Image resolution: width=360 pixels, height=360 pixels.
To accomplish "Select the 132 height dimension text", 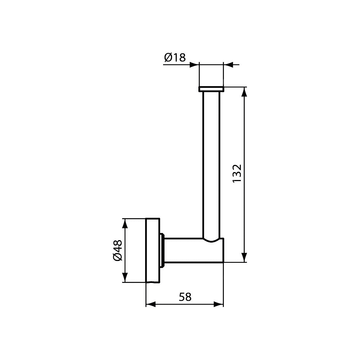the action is pyautogui.click(x=237, y=174).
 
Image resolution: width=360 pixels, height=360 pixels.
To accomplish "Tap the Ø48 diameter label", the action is pyautogui.click(x=118, y=250).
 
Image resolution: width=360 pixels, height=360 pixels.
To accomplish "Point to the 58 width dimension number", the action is pyautogui.click(x=185, y=297).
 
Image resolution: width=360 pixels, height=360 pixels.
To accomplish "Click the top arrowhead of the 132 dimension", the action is pyautogui.click(x=244, y=92).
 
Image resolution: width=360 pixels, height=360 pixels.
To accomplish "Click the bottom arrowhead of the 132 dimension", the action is pyautogui.click(x=244, y=257).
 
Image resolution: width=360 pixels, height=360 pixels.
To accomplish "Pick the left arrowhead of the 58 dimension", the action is pyautogui.click(x=151, y=305).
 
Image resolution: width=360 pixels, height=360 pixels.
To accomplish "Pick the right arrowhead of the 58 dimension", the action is pyautogui.click(x=219, y=305).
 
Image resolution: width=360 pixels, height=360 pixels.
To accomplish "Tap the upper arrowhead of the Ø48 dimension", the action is pyautogui.click(x=125, y=224).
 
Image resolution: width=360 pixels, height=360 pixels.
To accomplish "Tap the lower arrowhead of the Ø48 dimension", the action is pyautogui.click(x=125, y=277).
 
